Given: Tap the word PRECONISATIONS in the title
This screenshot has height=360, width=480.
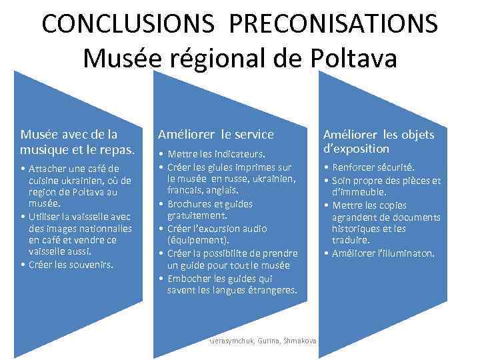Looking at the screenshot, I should [x=333, y=23].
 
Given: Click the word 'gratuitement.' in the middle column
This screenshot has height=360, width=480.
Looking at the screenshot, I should [x=197, y=216].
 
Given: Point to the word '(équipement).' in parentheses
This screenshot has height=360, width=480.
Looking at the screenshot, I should [x=197, y=241].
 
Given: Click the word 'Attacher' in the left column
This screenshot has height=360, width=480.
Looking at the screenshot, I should [x=48, y=168].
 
